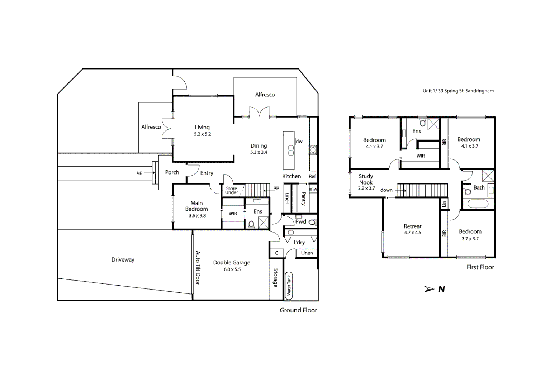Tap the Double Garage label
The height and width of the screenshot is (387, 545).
232,263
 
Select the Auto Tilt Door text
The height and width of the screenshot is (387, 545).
198,268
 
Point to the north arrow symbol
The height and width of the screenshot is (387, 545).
430,289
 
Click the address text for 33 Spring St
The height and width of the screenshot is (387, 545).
458,91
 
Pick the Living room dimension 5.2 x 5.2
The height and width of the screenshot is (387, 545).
202,134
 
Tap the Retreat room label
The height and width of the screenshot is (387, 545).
412,226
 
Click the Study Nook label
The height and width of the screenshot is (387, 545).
366,179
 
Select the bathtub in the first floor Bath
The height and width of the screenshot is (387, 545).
478,204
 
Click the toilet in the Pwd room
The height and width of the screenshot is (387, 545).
312,222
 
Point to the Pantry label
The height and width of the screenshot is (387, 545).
304,199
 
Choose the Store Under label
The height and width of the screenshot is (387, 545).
232,190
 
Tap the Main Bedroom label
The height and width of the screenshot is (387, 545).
196,206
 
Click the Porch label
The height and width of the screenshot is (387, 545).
172,172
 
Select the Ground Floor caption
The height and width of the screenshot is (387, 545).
298,310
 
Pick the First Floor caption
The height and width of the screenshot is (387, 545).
480,267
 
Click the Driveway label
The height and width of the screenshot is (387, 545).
123,260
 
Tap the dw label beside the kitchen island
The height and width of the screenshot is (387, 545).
299,142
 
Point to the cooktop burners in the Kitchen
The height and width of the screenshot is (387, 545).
313,150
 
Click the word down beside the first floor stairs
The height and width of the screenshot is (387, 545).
386,190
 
